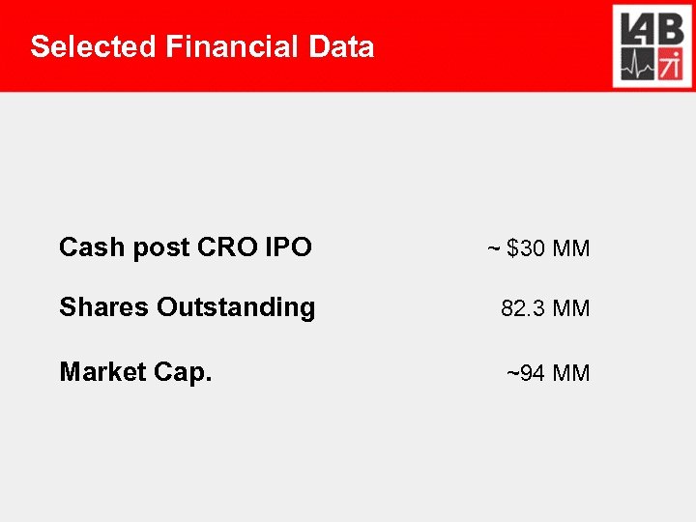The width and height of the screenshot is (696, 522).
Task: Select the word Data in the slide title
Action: pos(342,46)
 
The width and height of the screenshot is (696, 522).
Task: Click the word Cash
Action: pos(92,247)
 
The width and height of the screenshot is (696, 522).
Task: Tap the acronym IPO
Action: pos(288,247)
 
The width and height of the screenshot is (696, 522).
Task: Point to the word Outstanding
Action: pos(236,308)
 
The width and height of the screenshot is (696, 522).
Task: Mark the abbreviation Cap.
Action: pos(181,372)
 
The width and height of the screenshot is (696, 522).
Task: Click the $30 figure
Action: pos(526,248)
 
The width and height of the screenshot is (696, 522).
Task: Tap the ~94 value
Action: pos(527,373)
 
